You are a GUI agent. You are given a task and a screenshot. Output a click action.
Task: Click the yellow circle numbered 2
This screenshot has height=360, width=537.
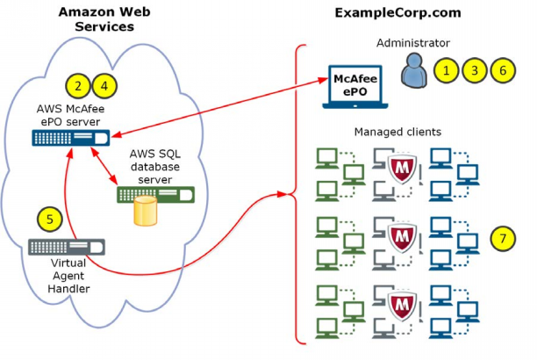click(x=78, y=85)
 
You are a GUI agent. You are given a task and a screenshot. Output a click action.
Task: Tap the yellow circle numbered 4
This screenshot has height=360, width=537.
click(x=104, y=85)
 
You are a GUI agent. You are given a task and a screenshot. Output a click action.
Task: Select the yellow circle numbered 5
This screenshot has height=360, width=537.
click(x=51, y=220)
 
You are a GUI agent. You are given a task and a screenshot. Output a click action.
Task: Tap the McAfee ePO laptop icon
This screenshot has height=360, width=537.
click(x=354, y=87)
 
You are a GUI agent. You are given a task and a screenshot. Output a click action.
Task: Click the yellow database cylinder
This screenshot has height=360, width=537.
click(x=144, y=209)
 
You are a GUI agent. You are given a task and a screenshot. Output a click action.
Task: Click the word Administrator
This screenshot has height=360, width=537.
click(x=412, y=42)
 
